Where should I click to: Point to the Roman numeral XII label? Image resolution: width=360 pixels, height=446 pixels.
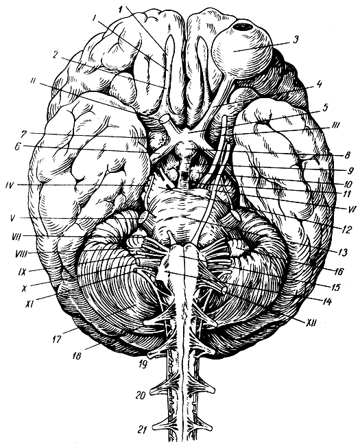tap(311, 322)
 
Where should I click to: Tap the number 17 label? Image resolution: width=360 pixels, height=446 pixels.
tap(57, 339)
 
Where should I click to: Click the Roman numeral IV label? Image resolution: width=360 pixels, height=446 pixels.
tap(11, 185)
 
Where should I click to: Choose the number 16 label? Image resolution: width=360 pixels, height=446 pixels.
tap(339, 271)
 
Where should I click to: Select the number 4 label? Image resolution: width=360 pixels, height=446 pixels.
tap(320, 84)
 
